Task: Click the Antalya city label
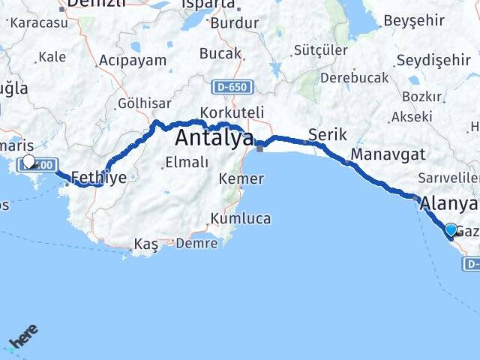point(214,138)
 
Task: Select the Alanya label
point(448,204)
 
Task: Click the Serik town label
point(328,135)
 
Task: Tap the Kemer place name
point(241,178)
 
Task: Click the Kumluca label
point(240,218)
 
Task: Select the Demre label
point(197,243)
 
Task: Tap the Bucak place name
point(220,53)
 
